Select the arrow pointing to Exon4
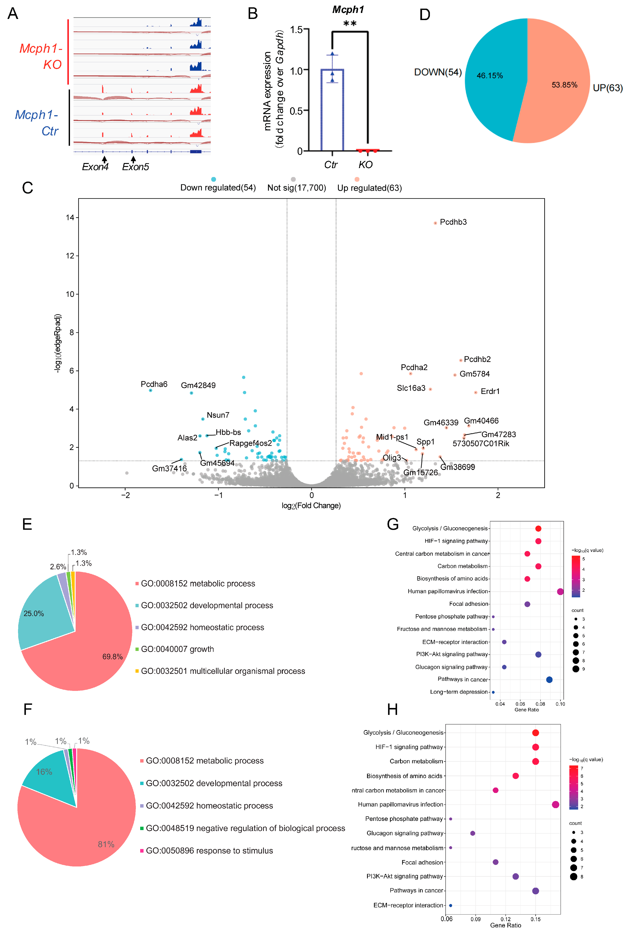[104, 159]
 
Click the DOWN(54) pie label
[438, 72]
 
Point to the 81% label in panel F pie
[106, 844]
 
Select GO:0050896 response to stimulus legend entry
[209, 850]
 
